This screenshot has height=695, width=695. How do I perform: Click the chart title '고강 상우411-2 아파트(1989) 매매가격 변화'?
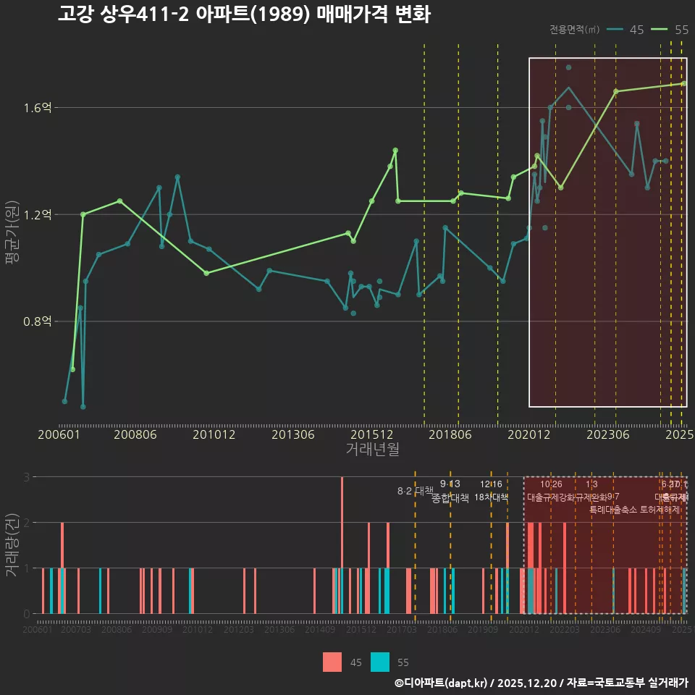tap(244, 14)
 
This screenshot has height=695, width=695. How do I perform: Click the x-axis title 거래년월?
tap(372, 450)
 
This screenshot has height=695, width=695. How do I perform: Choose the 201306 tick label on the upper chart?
tap(292, 435)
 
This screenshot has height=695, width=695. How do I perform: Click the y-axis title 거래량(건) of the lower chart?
tap(12, 545)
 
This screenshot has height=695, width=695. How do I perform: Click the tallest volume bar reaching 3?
tap(342, 545)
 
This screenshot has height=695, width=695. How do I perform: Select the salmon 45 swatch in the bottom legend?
tap(332, 662)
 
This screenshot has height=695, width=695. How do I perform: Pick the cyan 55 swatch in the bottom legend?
tap(380, 662)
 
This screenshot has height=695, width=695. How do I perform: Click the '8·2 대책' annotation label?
tap(415, 491)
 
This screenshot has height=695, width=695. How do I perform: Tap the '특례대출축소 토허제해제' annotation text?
tap(635, 509)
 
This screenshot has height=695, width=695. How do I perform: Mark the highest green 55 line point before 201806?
tap(395, 151)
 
